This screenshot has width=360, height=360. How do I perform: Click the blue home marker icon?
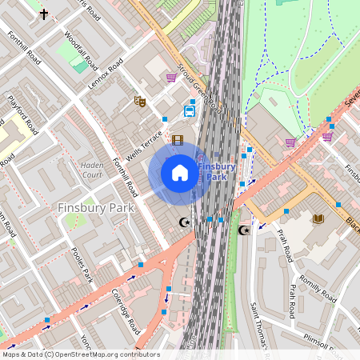click(x=180, y=172)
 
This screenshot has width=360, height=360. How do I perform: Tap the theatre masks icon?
click(x=140, y=101)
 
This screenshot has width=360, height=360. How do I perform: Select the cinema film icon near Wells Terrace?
click(x=178, y=140)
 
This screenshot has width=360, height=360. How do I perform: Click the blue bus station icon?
click(x=190, y=111)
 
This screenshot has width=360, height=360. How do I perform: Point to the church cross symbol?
click(x=43, y=14)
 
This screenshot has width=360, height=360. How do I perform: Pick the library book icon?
click(x=318, y=218)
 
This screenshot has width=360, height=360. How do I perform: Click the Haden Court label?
click(x=93, y=170)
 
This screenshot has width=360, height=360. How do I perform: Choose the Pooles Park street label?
click(x=82, y=264)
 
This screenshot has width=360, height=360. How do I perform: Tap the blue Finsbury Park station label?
click(x=216, y=171)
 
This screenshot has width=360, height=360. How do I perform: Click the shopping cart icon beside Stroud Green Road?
click(x=171, y=78)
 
